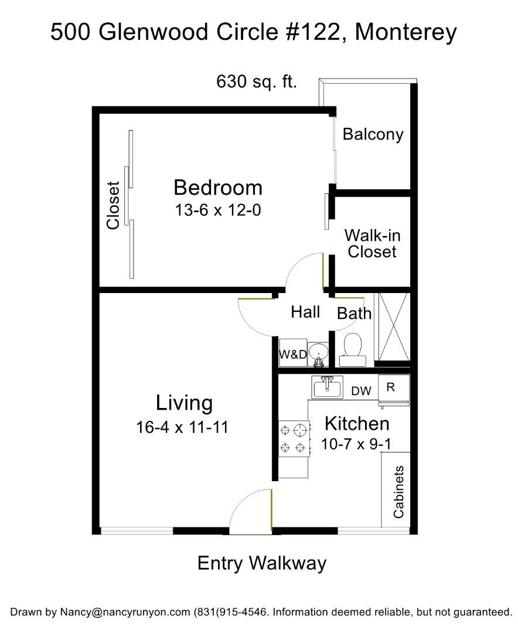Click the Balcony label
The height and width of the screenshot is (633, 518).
(x=373, y=134)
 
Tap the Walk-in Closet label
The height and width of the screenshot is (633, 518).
(x=372, y=243)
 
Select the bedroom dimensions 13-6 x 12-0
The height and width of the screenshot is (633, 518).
(x=217, y=210)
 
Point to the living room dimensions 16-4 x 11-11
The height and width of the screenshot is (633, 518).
(x=182, y=427)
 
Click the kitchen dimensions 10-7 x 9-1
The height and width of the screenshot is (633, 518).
(x=356, y=444)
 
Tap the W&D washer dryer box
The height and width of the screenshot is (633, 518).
(x=291, y=354)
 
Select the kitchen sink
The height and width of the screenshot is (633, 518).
(x=326, y=387)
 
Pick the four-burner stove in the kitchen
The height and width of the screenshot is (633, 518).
(x=294, y=439)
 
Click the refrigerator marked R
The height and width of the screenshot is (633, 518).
(x=393, y=388)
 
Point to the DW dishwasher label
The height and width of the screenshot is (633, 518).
(x=361, y=391)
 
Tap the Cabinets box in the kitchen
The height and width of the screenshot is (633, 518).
(x=398, y=491)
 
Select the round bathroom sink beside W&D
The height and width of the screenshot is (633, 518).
(x=318, y=353)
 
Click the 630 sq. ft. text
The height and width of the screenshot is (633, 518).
(x=257, y=81)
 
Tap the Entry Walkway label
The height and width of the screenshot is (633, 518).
(x=261, y=563)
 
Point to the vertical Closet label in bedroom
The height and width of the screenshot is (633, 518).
(x=113, y=205)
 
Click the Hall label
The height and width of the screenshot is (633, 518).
(x=305, y=312)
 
